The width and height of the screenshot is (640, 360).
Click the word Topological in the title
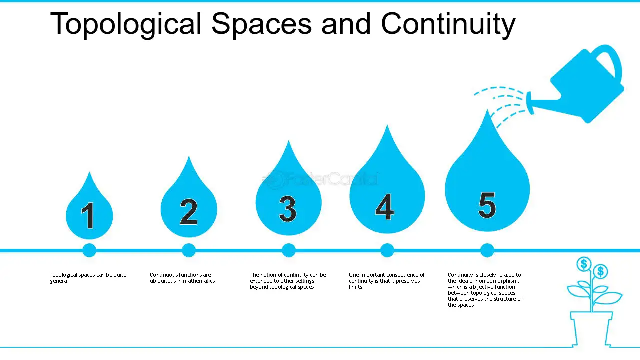[x=126, y=24]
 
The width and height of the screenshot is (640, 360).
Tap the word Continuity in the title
[x=448, y=24]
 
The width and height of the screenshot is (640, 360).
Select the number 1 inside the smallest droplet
[x=88, y=215]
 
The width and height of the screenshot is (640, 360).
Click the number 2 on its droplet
[x=189, y=212]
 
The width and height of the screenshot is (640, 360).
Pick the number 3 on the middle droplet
[x=288, y=209]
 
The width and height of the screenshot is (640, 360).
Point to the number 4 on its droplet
[x=385, y=207]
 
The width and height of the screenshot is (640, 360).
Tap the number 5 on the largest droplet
[x=487, y=205]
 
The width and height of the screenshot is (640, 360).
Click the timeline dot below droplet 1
[x=89, y=250]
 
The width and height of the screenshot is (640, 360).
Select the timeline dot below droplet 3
[x=289, y=250]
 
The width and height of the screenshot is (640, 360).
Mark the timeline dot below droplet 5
[x=487, y=250]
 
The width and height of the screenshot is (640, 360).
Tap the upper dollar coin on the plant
[x=584, y=264]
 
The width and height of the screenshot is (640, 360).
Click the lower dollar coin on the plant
[x=600, y=271]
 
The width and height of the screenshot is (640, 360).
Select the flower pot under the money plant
[x=591, y=329]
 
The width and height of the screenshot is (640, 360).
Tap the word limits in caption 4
[x=355, y=287]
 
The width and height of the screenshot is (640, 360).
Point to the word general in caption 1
[x=59, y=281]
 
